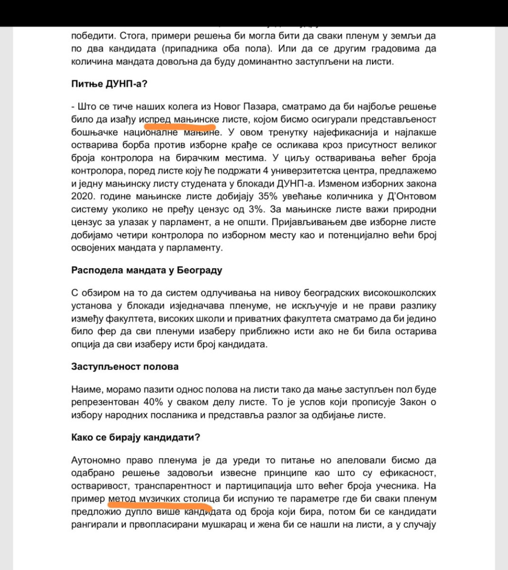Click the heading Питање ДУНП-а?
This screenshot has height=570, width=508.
pos(109,83)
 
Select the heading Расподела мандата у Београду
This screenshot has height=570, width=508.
pos(146,270)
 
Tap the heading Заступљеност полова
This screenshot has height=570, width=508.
pos(125,367)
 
